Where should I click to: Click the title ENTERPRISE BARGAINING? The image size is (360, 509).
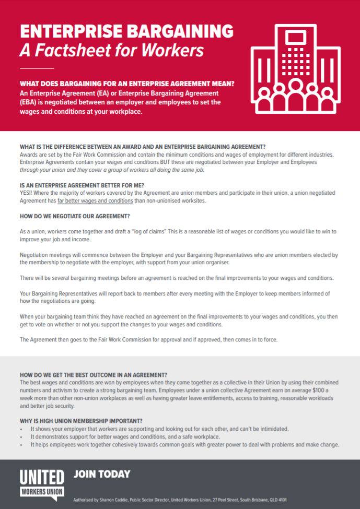126,31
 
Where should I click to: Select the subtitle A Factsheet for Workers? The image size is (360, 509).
111,51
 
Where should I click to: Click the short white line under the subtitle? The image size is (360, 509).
37,68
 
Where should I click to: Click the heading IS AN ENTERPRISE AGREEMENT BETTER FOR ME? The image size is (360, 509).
82,185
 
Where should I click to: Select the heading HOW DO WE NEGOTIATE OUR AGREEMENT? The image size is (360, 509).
75,216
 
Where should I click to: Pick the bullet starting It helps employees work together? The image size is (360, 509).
185,445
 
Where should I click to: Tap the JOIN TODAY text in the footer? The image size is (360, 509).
102,475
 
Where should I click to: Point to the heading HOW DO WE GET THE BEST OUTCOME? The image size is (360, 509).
94,375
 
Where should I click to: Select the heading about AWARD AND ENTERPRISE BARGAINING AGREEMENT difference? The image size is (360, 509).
143,146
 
